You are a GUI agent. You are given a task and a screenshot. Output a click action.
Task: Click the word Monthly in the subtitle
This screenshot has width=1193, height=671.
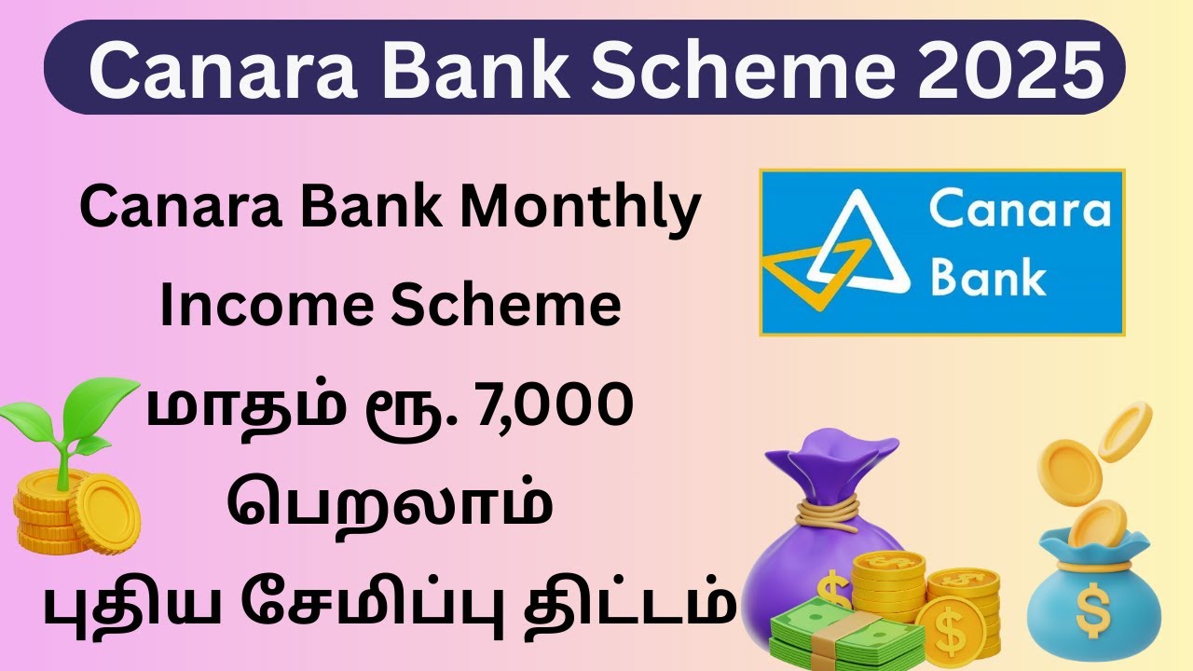pos(583,210)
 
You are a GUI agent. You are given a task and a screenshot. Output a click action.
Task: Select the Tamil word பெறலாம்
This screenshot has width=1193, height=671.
pos(390,508)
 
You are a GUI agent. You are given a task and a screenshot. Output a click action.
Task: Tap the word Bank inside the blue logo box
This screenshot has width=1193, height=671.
pos(987,275)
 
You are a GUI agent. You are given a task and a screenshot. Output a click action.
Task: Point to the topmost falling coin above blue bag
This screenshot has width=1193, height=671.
pos(1127,430)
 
